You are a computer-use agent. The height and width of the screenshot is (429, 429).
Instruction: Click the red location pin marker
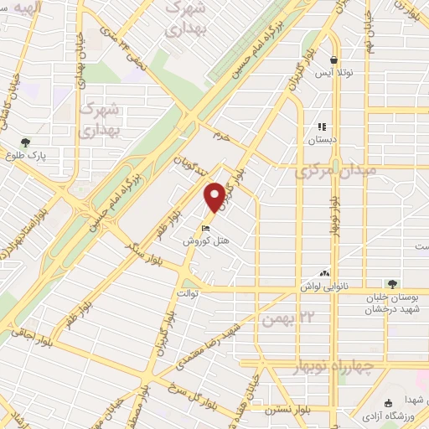215,197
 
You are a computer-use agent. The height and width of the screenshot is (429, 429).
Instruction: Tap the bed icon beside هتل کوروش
206,228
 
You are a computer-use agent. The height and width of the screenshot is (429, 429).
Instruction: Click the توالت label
188,293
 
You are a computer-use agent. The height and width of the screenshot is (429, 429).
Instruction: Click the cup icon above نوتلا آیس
334,60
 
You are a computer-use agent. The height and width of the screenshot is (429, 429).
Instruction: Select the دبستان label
322,140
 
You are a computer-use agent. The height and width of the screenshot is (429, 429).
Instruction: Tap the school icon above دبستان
322,127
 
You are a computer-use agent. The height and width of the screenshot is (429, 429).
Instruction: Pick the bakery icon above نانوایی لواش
324,273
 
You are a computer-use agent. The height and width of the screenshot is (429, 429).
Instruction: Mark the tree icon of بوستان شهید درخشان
390,286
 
